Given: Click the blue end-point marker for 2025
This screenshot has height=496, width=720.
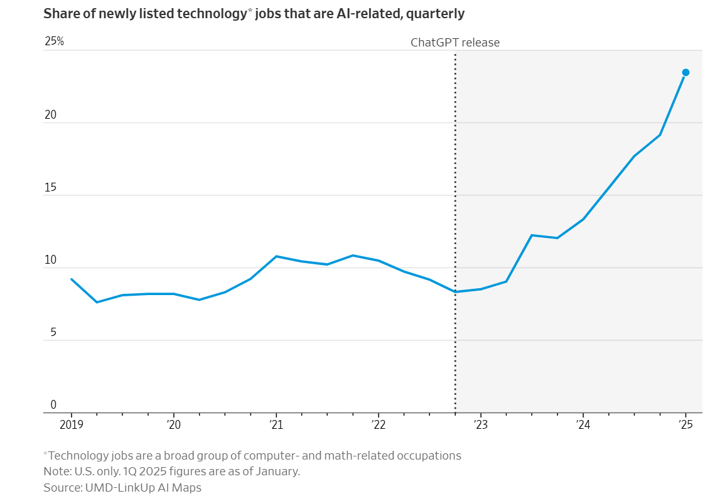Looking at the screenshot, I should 685,72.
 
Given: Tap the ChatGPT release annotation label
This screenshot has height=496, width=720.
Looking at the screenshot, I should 455,43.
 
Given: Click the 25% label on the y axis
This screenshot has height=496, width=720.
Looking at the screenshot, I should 55,41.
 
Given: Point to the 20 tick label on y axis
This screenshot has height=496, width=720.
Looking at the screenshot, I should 50,115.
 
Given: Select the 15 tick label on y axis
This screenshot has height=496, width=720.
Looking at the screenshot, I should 50,188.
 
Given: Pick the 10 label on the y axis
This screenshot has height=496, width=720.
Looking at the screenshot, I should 50,260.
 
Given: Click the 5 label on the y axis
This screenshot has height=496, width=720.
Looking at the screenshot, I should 53,333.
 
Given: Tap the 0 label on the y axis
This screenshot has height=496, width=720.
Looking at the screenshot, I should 53,405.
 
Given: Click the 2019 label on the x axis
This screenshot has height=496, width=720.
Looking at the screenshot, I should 71,425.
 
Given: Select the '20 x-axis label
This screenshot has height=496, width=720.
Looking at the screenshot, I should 173,425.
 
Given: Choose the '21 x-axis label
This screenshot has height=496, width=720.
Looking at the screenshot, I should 276,425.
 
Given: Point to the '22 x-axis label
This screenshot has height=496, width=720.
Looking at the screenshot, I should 378,425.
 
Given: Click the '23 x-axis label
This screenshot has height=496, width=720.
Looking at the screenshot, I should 480,425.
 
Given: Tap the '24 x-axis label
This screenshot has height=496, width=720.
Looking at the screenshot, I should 583,425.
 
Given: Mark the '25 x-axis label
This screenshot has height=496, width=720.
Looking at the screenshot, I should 685,425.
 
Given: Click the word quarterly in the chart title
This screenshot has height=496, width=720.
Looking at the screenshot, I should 437,14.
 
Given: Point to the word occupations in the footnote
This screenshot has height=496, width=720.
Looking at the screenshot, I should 430,455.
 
